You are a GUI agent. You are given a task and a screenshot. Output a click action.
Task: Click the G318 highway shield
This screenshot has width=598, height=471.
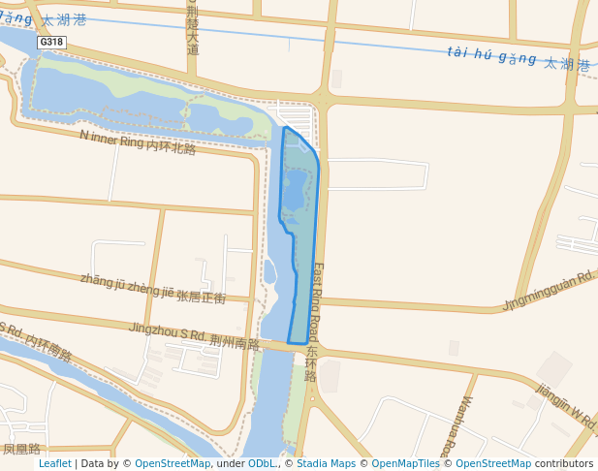pyautogui.click(x=50, y=43)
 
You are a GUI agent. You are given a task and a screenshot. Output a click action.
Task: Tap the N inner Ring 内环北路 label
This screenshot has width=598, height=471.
pyautogui.click(x=138, y=141)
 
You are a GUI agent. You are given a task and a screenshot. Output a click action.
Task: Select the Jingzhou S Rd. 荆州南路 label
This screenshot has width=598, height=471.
pyautogui.click(x=194, y=336)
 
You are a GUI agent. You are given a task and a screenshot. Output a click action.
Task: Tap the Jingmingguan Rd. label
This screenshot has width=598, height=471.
pyautogui.click(x=548, y=291)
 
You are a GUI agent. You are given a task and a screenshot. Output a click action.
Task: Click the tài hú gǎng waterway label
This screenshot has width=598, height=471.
pyautogui.click(x=519, y=59)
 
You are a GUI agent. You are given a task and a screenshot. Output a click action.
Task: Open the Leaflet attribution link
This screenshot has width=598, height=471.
pyautogui.click(x=54, y=463)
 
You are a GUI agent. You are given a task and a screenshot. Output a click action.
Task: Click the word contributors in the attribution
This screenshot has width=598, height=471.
pyautogui.click(x=563, y=463)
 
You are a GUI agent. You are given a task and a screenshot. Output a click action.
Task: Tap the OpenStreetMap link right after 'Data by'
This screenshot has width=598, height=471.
pyautogui.click(x=173, y=463)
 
